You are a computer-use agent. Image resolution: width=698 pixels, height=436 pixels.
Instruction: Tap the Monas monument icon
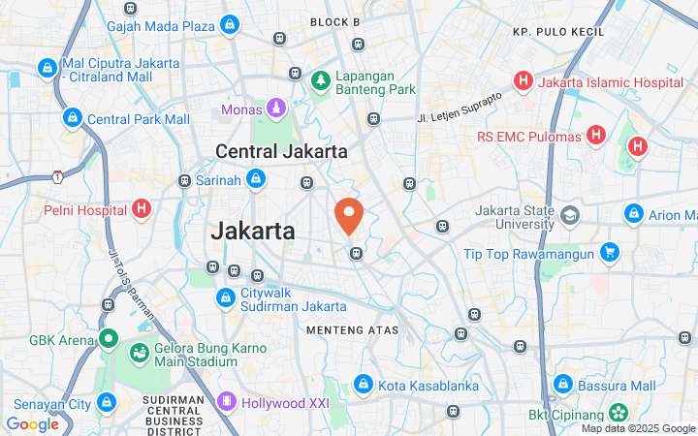(x=276, y=108)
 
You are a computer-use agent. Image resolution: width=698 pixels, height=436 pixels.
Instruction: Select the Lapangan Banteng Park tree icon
(x=321, y=78)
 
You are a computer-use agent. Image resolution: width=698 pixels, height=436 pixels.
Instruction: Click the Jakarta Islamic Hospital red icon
(x=523, y=80)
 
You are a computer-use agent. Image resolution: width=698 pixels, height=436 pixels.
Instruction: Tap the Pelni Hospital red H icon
(x=142, y=208)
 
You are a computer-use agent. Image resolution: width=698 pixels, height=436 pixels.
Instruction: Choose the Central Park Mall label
(x=138, y=119)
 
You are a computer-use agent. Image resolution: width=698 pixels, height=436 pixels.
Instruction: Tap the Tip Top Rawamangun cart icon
(x=609, y=254)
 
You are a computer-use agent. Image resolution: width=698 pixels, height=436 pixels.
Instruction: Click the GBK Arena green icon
(x=107, y=340)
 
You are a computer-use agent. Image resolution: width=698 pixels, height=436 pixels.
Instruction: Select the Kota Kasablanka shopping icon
(x=364, y=385)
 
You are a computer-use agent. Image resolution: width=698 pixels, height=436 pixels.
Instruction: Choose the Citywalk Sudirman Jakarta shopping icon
(x=225, y=297)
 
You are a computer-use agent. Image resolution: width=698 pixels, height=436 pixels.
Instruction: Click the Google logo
(x=32, y=424)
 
